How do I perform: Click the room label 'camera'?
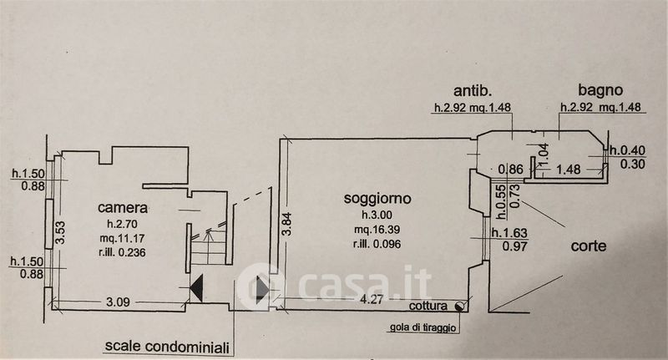click(122, 208)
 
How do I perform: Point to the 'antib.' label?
click(471, 89)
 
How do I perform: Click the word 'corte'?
click(589, 246)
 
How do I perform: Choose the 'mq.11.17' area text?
click(122, 239)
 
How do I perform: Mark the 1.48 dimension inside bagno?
click(568, 169)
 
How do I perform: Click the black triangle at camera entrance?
click(197, 289)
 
